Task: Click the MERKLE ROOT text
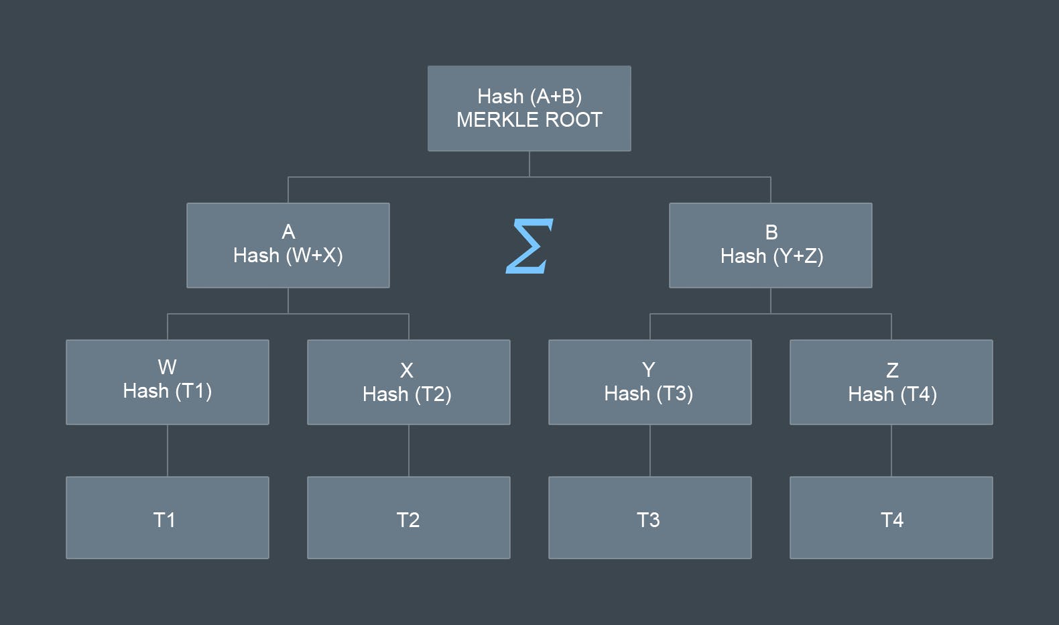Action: tap(529, 120)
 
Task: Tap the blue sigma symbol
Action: tap(529, 246)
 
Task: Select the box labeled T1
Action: tap(167, 518)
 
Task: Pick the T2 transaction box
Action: tap(408, 518)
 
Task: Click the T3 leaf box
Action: tap(649, 518)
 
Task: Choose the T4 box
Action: tap(891, 518)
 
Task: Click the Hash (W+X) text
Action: tap(288, 255)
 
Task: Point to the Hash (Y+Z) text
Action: tap(771, 256)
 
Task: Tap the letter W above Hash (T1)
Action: tap(167, 367)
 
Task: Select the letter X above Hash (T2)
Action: tap(407, 370)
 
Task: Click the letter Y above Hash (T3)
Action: tap(648, 370)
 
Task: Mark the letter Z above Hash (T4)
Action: tap(892, 370)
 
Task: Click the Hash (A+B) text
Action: tap(529, 97)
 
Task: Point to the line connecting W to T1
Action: tap(168, 451)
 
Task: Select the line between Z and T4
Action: tap(891, 451)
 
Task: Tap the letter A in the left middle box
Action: tap(288, 232)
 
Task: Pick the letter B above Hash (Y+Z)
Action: tap(771, 233)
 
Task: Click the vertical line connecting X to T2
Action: tap(409, 451)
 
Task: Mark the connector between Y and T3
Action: tap(650, 451)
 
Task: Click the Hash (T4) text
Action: tap(892, 394)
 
